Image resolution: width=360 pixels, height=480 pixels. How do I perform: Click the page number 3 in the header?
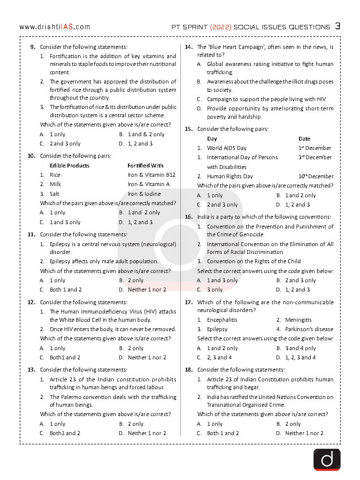tap(338, 26)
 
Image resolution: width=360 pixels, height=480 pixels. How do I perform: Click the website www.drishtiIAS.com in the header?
tap(55, 27)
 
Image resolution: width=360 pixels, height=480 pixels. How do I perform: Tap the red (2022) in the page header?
tap(220, 27)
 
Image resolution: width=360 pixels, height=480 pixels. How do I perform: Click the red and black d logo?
tap(327, 459)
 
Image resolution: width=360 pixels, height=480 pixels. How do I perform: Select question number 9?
tap(32, 47)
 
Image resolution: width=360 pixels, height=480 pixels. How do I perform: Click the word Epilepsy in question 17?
tap(217, 329)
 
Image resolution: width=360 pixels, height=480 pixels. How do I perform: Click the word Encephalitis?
tap(222, 320)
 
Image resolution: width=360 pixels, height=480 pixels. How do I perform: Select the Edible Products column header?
tap(69, 166)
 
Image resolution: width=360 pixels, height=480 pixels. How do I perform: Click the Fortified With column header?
tap(146, 166)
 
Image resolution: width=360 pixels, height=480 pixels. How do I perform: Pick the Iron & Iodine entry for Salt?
tap(144, 194)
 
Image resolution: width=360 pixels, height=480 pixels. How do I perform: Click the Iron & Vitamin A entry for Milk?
tap(149, 184)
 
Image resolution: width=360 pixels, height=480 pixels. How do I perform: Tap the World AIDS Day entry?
tap(227, 148)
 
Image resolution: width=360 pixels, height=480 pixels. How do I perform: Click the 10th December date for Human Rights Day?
tap(316, 176)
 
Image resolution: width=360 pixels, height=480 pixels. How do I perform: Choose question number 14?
tap(189, 47)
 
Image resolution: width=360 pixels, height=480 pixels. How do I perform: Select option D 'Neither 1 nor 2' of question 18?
tap(304, 433)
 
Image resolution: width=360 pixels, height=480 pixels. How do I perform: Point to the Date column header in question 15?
tap(304, 139)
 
